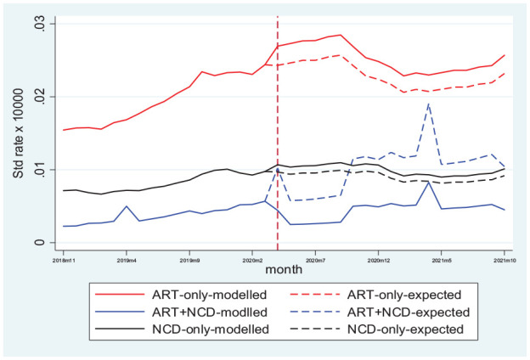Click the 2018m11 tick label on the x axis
click(x=64, y=261)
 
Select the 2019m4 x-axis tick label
click(x=127, y=261)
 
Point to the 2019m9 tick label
click(x=189, y=261)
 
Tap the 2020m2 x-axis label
click(x=252, y=261)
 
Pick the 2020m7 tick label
click(x=315, y=261)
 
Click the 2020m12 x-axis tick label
click(x=378, y=261)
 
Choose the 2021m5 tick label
click(x=441, y=261)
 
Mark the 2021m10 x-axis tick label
click(x=504, y=261)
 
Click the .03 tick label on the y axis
click(x=40, y=24)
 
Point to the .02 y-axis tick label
click(x=40, y=97)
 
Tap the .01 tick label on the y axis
click(x=40, y=170)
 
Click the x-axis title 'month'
click(x=284, y=270)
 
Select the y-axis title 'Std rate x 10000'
click(x=19, y=133)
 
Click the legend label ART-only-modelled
click(x=209, y=295)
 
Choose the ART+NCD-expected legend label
click(x=409, y=312)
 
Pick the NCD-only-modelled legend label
click(x=211, y=329)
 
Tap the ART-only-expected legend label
click(x=404, y=295)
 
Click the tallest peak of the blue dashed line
click(x=429, y=104)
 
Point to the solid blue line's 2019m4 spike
click(x=127, y=205)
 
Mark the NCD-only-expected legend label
click(x=405, y=329)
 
